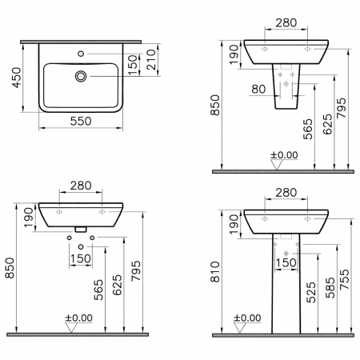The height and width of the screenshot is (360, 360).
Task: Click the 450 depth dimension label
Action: tap(17, 78)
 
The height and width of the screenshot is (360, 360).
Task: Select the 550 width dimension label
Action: tap(81, 122)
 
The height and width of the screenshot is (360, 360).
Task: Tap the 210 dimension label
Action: tap(151, 60)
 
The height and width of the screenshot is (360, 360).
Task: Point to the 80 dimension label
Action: tap(258, 89)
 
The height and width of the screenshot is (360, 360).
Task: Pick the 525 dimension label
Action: tap(311, 293)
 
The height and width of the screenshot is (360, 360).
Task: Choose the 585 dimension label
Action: tap(330, 288)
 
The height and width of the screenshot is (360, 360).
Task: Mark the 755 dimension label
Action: tap(345, 279)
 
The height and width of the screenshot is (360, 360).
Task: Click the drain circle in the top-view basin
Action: tap(81, 76)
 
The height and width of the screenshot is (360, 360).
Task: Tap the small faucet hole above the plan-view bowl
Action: tap(81, 54)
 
